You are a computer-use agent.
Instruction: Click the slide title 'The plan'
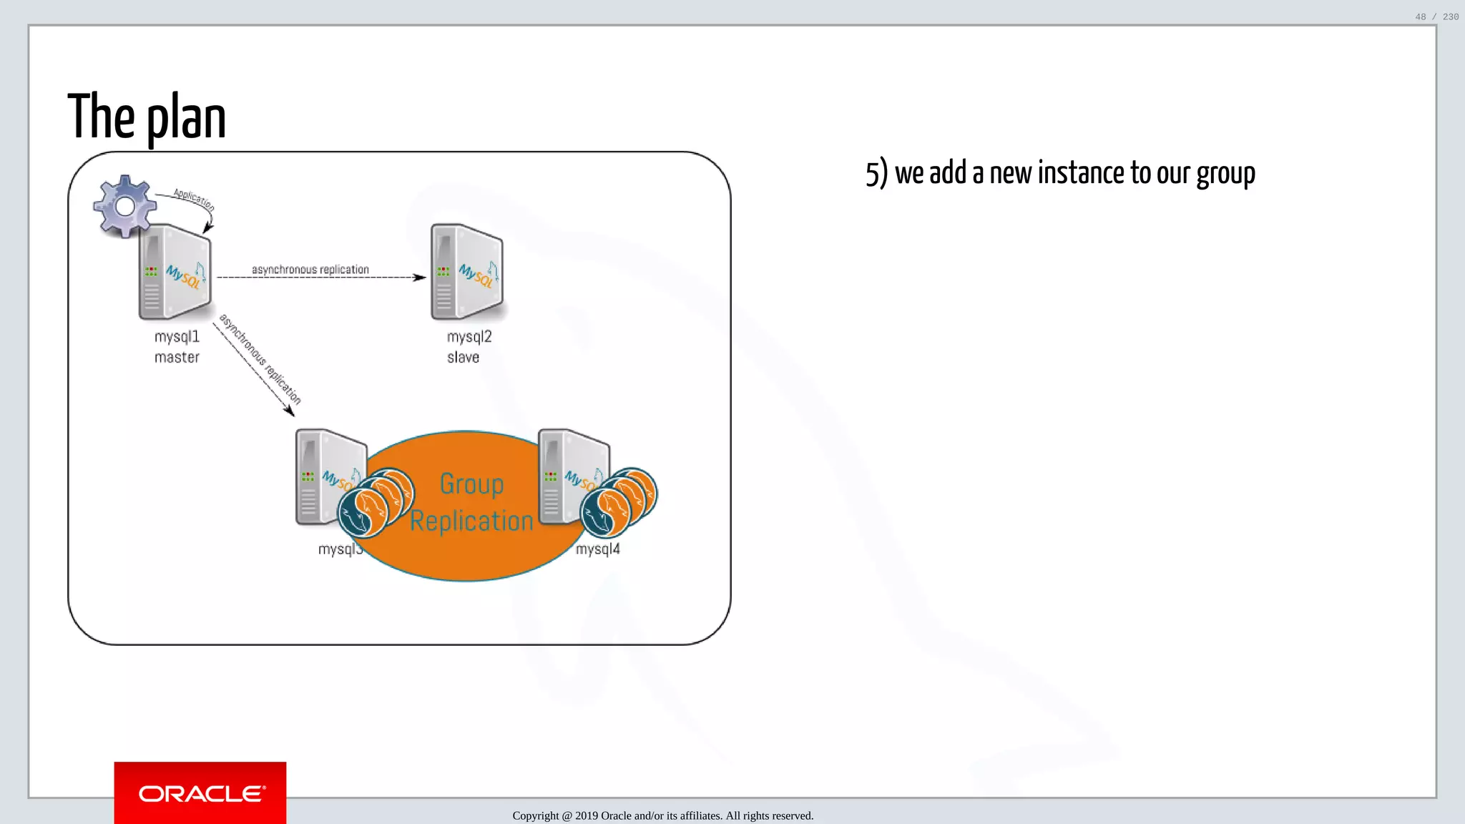pyautogui.click(x=147, y=117)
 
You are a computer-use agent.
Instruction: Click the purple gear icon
pyautogui.click(x=124, y=206)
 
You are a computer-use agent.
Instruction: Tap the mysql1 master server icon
pyautogui.click(x=175, y=272)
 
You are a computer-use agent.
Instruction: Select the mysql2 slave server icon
pyautogui.click(x=467, y=272)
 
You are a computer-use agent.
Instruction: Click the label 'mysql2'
pyautogui.click(x=469, y=337)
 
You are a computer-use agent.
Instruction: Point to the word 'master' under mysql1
pyautogui.click(x=177, y=357)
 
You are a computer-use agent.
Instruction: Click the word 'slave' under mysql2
pyautogui.click(x=463, y=357)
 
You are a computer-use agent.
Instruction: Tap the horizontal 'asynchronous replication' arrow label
pyautogui.click(x=310, y=269)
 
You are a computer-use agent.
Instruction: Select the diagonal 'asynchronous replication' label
pyautogui.click(x=260, y=359)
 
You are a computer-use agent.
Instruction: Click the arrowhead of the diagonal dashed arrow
pyautogui.click(x=290, y=411)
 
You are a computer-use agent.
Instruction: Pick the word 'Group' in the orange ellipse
pyautogui.click(x=471, y=484)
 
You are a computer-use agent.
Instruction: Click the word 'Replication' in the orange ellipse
pyautogui.click(x=471, y=521)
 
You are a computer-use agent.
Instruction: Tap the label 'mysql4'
pyautogui.click(x=598, y=549)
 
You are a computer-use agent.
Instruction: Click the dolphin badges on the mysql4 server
pyautogui.click(x=619, y=502)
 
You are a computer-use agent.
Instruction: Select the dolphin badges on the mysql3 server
pyautogui.click(x=376, y=502)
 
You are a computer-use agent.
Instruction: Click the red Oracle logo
pyautogui.click(x=200, y=793)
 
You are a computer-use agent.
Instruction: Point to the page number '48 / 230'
pyautogui.click(x=1436, y=17)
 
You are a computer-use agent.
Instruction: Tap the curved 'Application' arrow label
pyautogui.click(x=194, y=200)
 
